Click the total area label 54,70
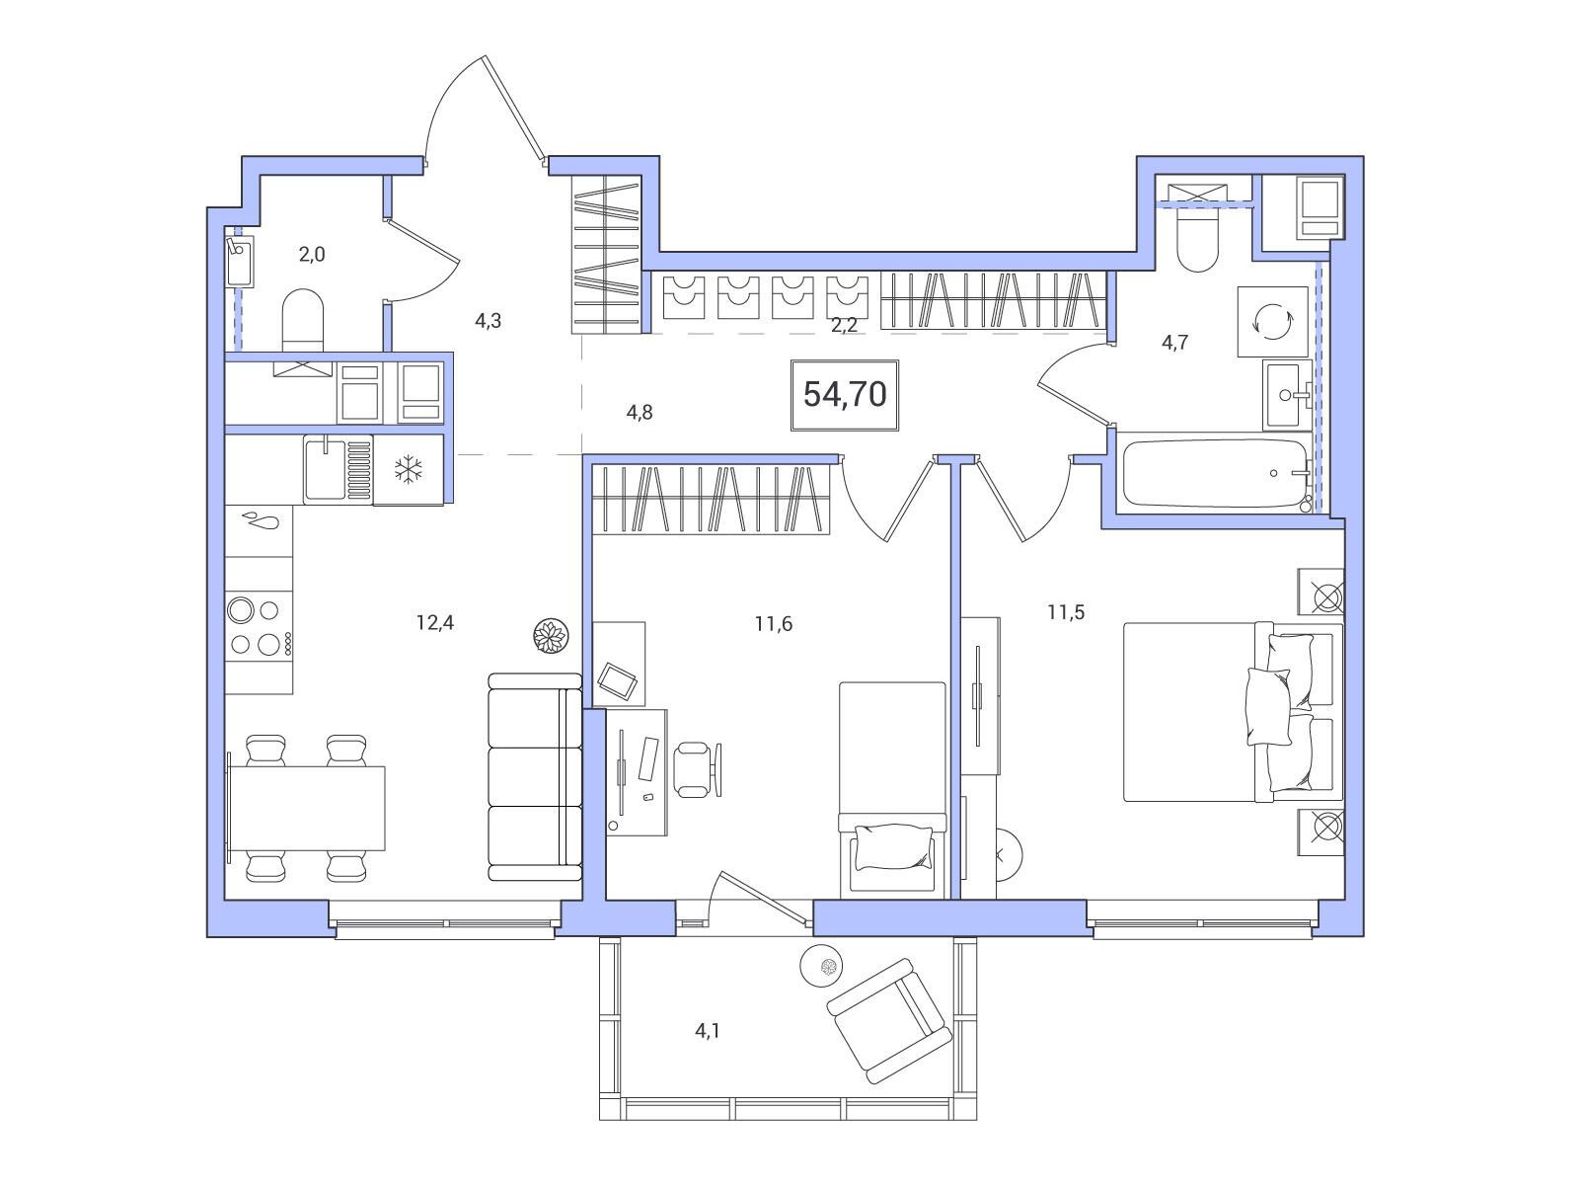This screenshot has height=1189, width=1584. tap(845, 395)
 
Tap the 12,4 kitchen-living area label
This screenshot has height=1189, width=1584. tap(435, 622)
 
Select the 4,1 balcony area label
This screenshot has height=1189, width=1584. tap(708, 1031)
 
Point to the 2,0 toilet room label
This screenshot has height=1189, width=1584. tap(312, 254)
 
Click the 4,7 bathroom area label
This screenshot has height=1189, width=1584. tap(1174, 343)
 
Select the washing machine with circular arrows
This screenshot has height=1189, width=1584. tap(1273, 321)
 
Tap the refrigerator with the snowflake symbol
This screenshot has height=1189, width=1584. tap(409, 469)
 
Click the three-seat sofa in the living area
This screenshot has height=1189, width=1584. tap(535, 777)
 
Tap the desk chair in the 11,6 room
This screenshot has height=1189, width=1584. tap(698, 769)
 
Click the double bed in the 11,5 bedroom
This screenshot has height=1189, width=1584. tap(1234, 712)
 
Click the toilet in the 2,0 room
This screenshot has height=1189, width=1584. tap(302, 321)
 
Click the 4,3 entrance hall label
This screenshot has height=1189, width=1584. tap(488, 321)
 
